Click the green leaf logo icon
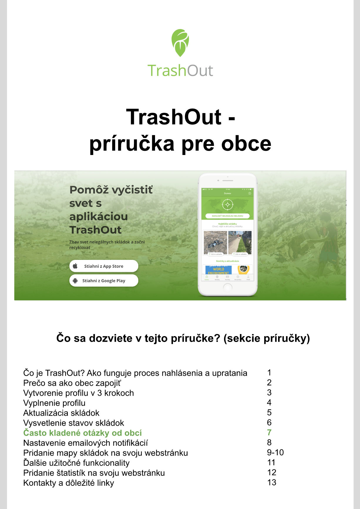point(180,43)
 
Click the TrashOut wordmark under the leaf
point(180,71)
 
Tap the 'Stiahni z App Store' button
point(104,266)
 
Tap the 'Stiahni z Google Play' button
point(104,281)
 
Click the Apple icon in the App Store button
point(75,266)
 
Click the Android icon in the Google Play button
point(75,281)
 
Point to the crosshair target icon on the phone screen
point(228,204)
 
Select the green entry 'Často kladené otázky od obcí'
point(83,433)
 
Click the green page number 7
point(269,433)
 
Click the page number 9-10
point(275,453)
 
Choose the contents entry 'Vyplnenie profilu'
point(54,403)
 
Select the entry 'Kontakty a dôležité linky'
point(69,483)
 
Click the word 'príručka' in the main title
point(132,144)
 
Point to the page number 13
point(272,483)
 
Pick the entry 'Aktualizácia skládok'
point(61,413)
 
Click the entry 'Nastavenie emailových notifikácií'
point(85,443)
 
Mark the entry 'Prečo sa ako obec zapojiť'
point(72,383)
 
